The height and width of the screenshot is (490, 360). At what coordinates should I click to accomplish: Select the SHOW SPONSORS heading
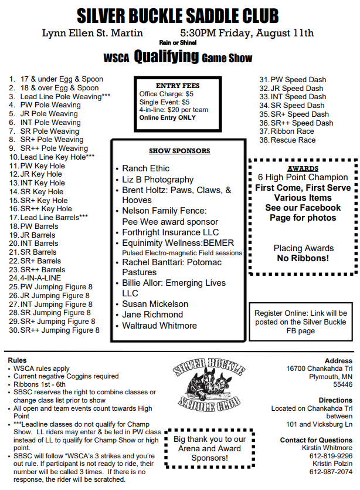tap(179, 151)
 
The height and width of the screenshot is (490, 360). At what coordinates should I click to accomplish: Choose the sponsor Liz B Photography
tap(157, 180)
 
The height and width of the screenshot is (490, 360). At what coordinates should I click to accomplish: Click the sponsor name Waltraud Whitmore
tap(159, 325)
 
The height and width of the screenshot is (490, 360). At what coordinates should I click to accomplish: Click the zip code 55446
tap(342, 384)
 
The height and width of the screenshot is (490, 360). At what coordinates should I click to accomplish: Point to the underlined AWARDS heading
tap(303, 168)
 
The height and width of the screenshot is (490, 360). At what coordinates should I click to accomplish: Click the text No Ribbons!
tap(303, 258)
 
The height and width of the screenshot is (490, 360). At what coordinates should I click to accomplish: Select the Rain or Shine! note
tap(178, 42)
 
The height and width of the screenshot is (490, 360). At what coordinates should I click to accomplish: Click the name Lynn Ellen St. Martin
tap(93, 33)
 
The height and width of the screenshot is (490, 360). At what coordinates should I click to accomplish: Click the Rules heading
tap(17, 360)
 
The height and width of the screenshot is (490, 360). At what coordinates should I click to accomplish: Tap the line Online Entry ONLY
tap(167, 117)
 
